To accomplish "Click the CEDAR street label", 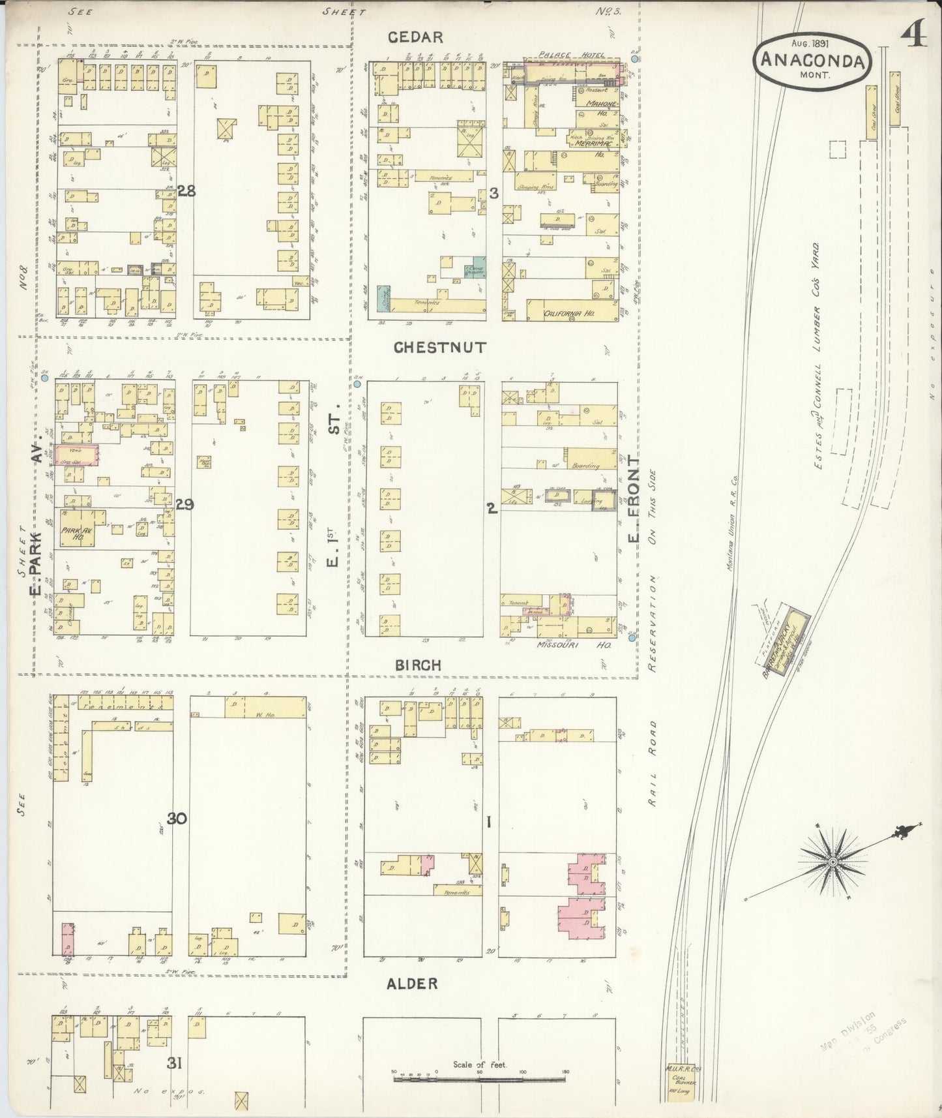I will pos(415,37).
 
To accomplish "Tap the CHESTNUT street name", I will pos(440,348).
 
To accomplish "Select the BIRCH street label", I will pos(418,665).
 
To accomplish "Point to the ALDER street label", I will pos(412,984).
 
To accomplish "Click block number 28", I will pos(186,191).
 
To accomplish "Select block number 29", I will pos(184,504).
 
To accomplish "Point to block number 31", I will pos(173,1064).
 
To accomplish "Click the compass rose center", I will pos(832,863).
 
